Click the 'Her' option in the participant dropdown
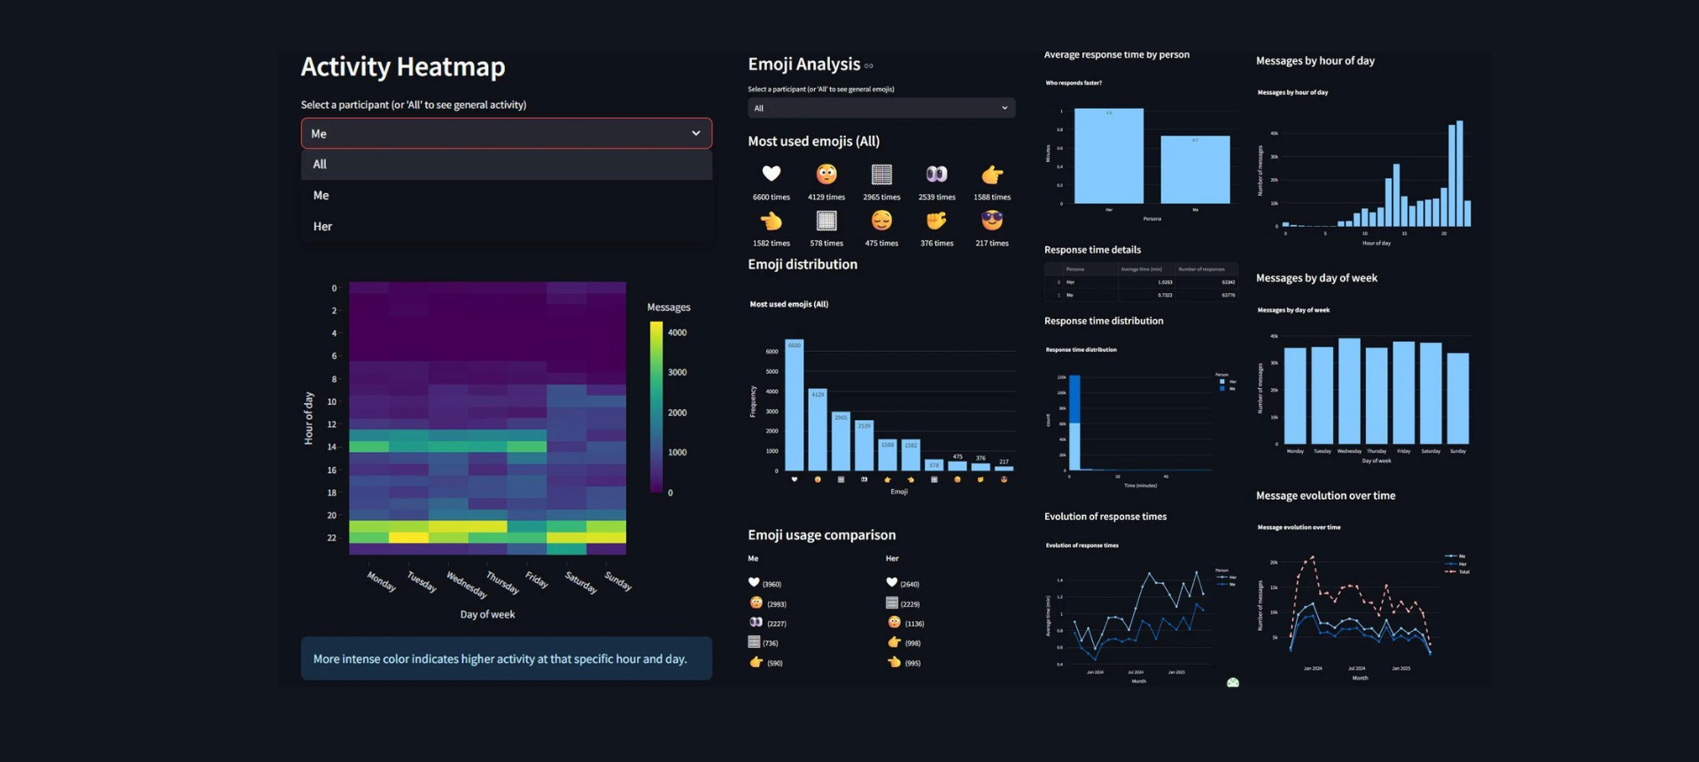[322, 227]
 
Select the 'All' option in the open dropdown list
[320, 165]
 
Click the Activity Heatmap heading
[403, 66]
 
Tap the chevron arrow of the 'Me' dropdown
[695, 134]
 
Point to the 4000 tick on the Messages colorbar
[677, 333]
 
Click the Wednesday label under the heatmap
[466, 585]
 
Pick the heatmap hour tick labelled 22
[332, 538]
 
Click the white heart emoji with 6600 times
[771, 175]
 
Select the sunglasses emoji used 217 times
[991, 220]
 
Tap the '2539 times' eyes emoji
[936, 175]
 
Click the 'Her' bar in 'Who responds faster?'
[1108, 157]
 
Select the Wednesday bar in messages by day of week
[1349, 391]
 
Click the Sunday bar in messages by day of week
[1457, 399]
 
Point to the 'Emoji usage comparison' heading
[821, 535]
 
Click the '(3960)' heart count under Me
[772, 585]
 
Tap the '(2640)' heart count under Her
[910, 585]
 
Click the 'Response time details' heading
[1092, 250]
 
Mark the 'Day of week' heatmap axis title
[487, 615]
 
